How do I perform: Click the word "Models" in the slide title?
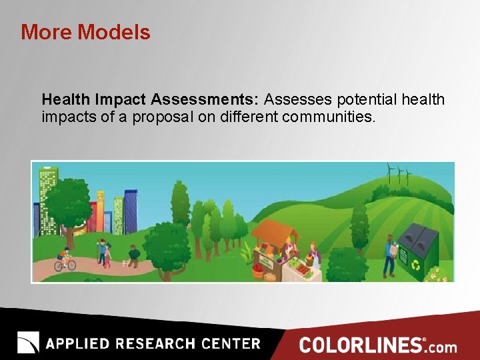(x=115, y=32)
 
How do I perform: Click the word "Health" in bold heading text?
(x=66, y=100)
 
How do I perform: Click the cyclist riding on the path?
(x=64, y=260)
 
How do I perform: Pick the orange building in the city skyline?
(x=101, y=210)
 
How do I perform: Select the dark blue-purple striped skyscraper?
(x=131, y=210)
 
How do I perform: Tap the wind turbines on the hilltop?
(x=398, y=175)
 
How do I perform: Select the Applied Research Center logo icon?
(x=28, y=343)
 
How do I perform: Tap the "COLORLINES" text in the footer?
(x=361, y=345)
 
